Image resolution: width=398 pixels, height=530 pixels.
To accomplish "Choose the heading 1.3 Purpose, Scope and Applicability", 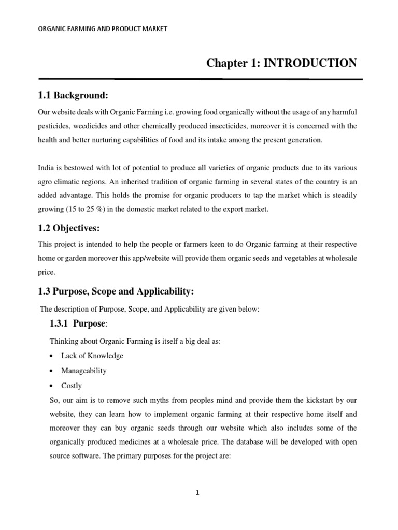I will click(x=116, y=292).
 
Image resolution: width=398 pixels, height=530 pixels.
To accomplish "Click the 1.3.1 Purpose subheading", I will click(x=79, y=324).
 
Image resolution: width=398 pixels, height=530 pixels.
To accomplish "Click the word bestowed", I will click(x=80, y=168).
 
